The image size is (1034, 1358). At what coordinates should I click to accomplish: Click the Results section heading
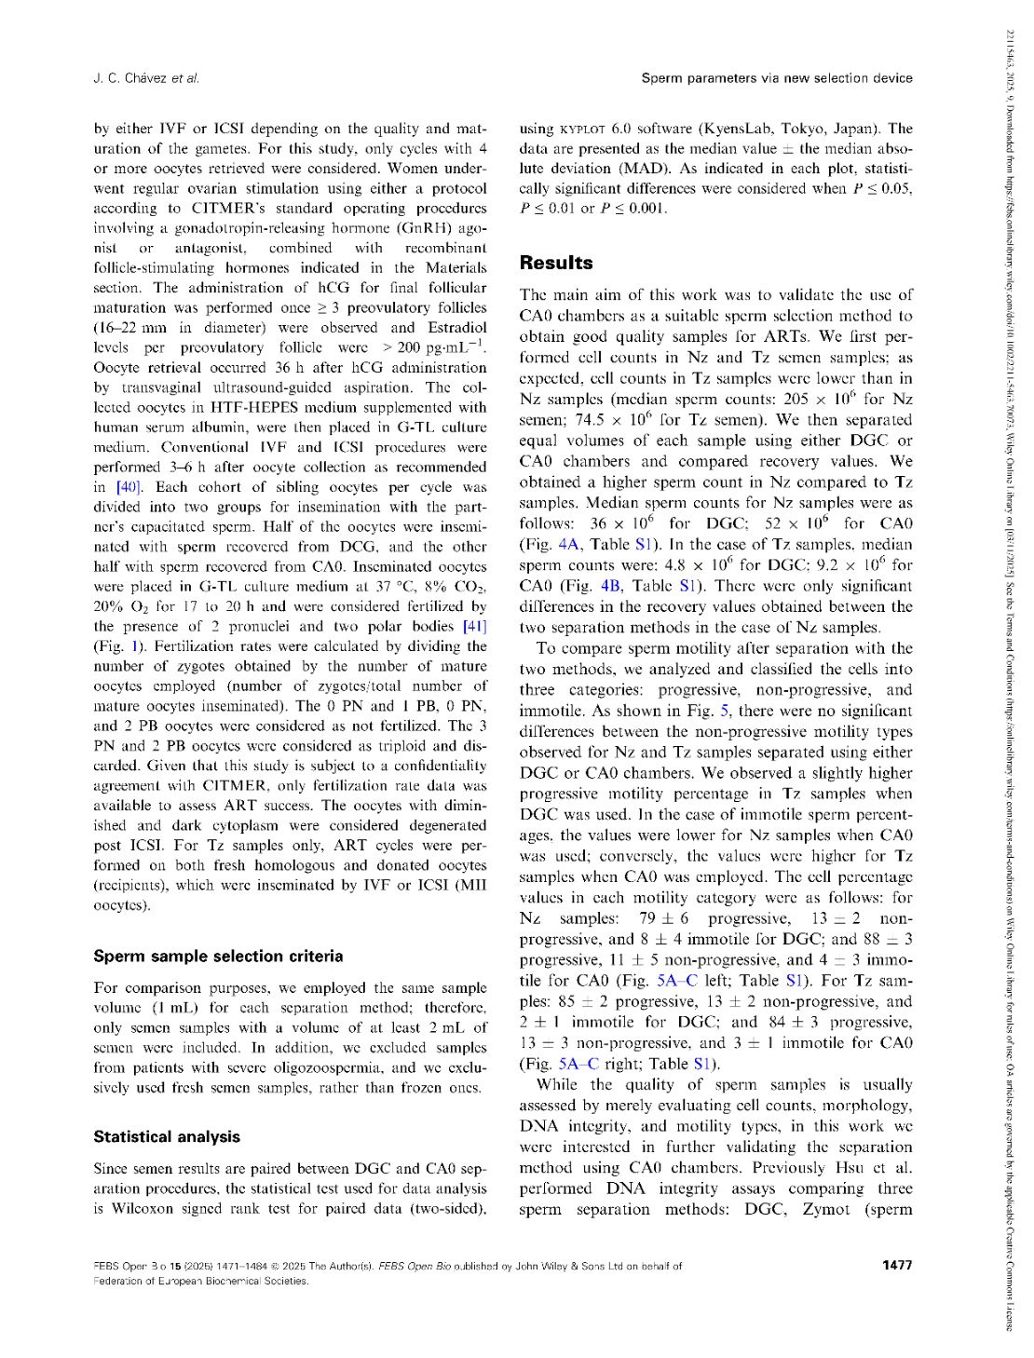pos(556,264)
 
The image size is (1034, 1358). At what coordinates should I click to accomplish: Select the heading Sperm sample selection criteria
pos(218,957)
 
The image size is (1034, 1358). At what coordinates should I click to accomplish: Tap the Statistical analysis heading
pos(167,1137)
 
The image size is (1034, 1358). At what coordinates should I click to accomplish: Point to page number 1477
pos(896,1265)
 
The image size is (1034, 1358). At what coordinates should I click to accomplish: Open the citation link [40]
pos(128,487)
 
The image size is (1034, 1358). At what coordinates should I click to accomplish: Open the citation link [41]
pos(474,627)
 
